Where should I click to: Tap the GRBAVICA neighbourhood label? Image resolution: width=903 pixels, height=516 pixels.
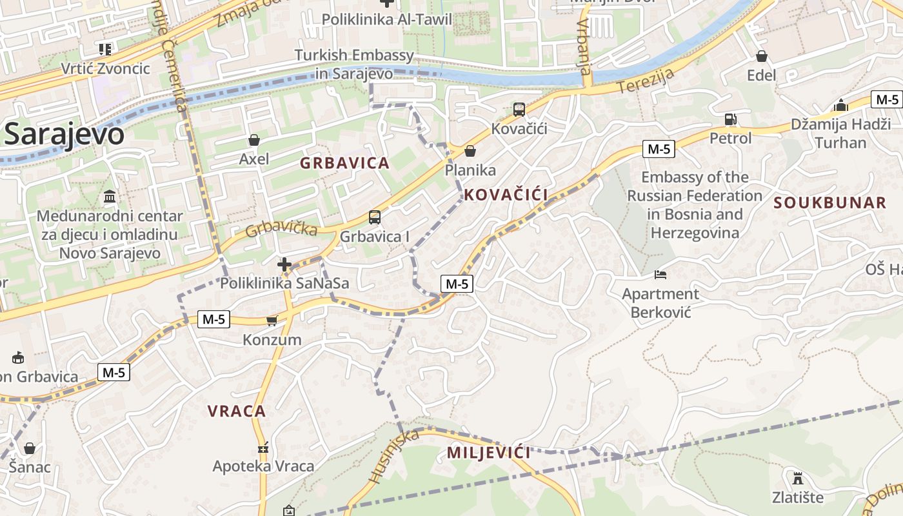[x=344, y=163]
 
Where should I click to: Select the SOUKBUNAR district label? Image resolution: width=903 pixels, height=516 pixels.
[x=830, y=203]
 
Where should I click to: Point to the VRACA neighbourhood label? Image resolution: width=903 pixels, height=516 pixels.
[x=237, y=411]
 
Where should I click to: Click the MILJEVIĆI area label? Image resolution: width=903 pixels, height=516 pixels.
[x=489, y=453]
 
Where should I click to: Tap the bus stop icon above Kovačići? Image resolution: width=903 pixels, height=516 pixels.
[x=519, y=110]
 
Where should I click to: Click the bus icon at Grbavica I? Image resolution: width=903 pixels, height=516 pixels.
[x=375, y=217]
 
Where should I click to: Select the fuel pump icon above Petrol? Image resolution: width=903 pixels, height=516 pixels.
[x=730, y=119]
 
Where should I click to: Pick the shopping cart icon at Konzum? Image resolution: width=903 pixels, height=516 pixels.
[x=272, y=321]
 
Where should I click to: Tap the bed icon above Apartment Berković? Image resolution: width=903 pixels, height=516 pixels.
[x=660, y=275]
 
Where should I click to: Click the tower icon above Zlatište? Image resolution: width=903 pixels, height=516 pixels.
[x=798, y=479]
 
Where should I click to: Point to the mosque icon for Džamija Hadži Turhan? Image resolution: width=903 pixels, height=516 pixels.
[x=840, y=105]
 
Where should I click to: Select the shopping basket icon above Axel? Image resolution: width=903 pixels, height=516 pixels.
[x=254, y=140]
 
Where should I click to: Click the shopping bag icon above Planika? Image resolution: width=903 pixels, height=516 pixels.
[x=470, y=151]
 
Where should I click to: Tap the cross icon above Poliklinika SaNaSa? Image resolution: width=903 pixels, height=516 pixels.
[x=284, y=264]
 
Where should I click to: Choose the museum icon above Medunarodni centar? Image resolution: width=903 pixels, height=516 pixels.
[x=110, y=196]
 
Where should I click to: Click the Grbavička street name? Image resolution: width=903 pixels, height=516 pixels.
[x=282, y=228]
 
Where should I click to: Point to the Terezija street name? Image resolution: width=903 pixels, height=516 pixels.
[x=646, y=81]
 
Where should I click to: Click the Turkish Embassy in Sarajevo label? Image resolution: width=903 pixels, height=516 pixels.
[x=354, y=64]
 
